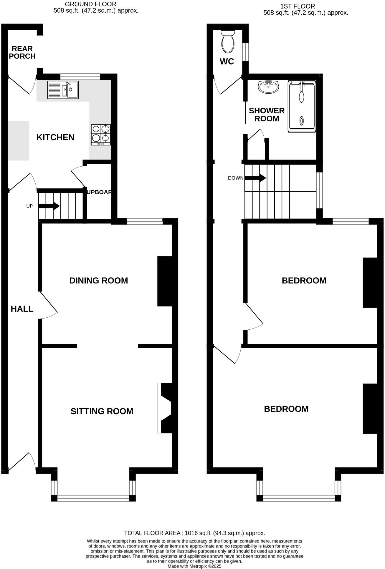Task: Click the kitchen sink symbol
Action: click(x=63, y=90)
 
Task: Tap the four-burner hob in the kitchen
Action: click(x=101, y=135)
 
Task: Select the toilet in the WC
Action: click(x=228, y=42)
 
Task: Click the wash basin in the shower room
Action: click(x=268, y=87)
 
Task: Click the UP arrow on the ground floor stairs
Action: click(x=49, y=206)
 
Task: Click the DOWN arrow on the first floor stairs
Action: click(x=255, y=178)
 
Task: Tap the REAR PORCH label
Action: click(x=22, y=52)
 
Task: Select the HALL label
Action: click(x=22, y=309)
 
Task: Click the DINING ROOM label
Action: click(x=99, y=281)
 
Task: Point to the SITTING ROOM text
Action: click(x=102, y=411)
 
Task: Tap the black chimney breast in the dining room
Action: click(x=165, y=281)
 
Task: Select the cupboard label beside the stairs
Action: click(x=99, y=192)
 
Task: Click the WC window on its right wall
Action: click(x=245, y=52)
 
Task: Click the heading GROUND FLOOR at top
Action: click(x=90, y=4)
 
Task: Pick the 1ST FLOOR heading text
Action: click(x=298, y=6)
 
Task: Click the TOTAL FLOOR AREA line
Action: click(x=194, y=533)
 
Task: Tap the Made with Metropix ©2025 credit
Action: click(x=194, y=566)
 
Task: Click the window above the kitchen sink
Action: click(x=80, y=77)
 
